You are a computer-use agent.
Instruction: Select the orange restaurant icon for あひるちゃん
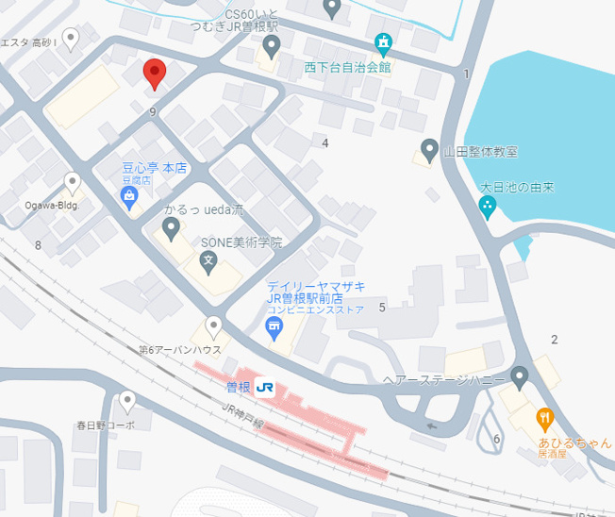(544, 417)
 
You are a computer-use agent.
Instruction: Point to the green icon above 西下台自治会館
(383, 43)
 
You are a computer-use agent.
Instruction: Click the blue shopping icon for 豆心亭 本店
(130, 197)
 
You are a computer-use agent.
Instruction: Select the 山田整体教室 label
(481, 151)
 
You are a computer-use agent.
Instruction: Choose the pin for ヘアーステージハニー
(519, 378)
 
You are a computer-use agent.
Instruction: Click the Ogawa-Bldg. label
(51, 205)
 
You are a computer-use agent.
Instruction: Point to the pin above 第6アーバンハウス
(214, 327)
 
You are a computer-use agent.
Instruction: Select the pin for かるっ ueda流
(171, 227)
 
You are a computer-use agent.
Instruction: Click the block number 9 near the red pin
(152, 111)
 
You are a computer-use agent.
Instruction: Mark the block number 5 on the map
(382, 307)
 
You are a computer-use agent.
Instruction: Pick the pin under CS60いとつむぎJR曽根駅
(272, 46)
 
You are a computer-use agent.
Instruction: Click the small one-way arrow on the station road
(431, 425)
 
